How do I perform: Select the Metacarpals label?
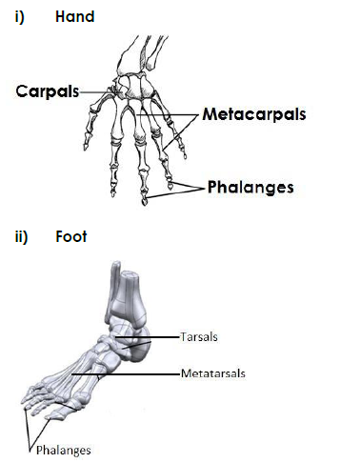coord(253,114)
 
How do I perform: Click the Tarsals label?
coord(198,336)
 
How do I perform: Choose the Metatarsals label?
coord(213,373)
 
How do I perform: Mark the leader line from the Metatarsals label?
coord(144,373)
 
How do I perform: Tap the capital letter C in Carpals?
coord(21,91)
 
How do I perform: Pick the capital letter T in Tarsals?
coord(182,336)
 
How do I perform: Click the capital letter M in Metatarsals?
coord(184,373)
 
